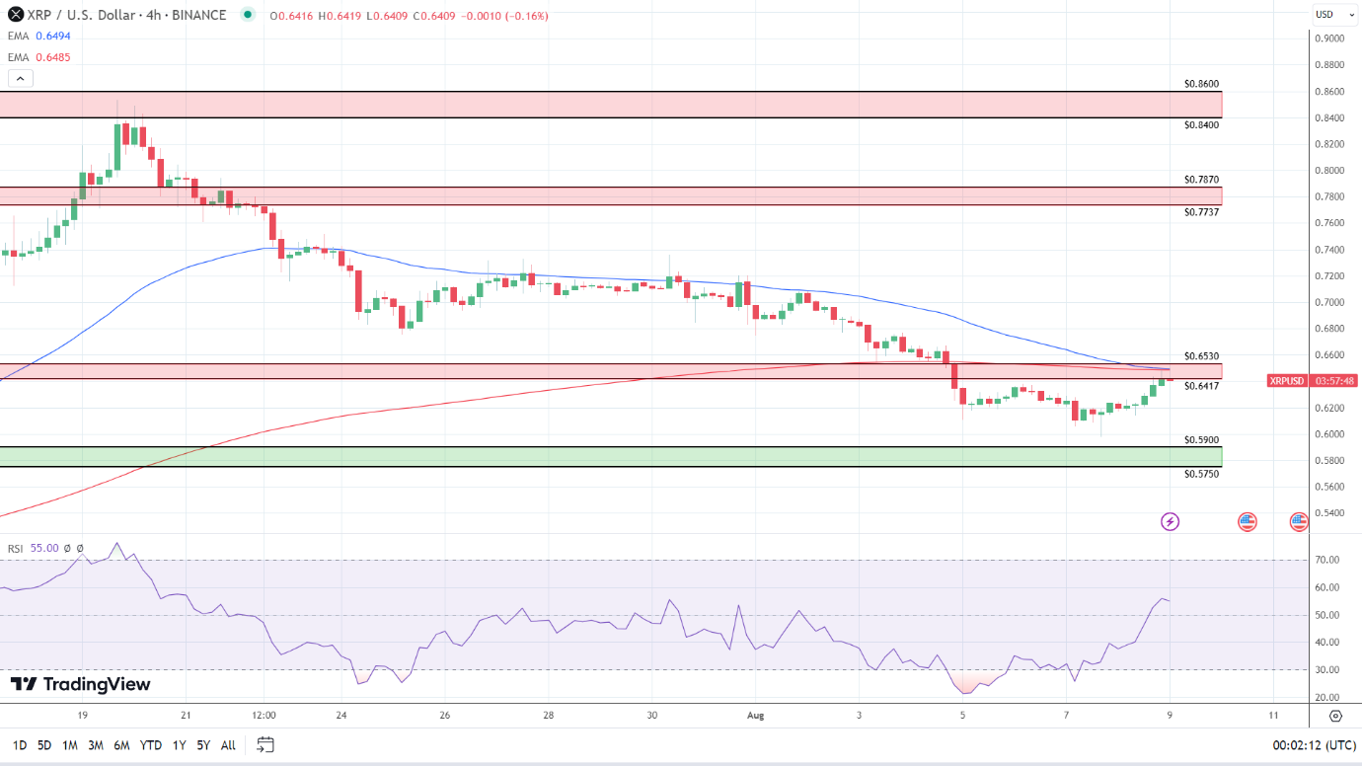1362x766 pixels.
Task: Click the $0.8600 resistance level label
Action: [1201, 84]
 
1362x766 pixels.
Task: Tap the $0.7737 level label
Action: [1201, 212]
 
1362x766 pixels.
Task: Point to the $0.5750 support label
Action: [1201, 474]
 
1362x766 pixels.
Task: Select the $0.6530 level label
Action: [1201, 355]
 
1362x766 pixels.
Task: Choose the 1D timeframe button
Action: [19, 745]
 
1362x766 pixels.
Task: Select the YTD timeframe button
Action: [150, 745]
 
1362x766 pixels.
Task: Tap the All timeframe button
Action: [228, 745]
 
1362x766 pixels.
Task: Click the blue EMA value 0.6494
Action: [52, 36]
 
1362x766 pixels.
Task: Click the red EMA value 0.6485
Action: [52, 57]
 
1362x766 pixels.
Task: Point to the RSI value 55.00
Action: [44, 548]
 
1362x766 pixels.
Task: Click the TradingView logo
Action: [80, 684]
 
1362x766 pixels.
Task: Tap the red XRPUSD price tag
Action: [1286, 380]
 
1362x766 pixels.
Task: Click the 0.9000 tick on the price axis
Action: [1328, 38]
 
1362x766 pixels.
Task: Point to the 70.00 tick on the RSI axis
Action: [1326, 560]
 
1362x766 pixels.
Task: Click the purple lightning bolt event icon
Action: [1170, 521]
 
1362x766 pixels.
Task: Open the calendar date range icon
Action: [265, 744]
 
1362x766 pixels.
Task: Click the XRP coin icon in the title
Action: [16, 15]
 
